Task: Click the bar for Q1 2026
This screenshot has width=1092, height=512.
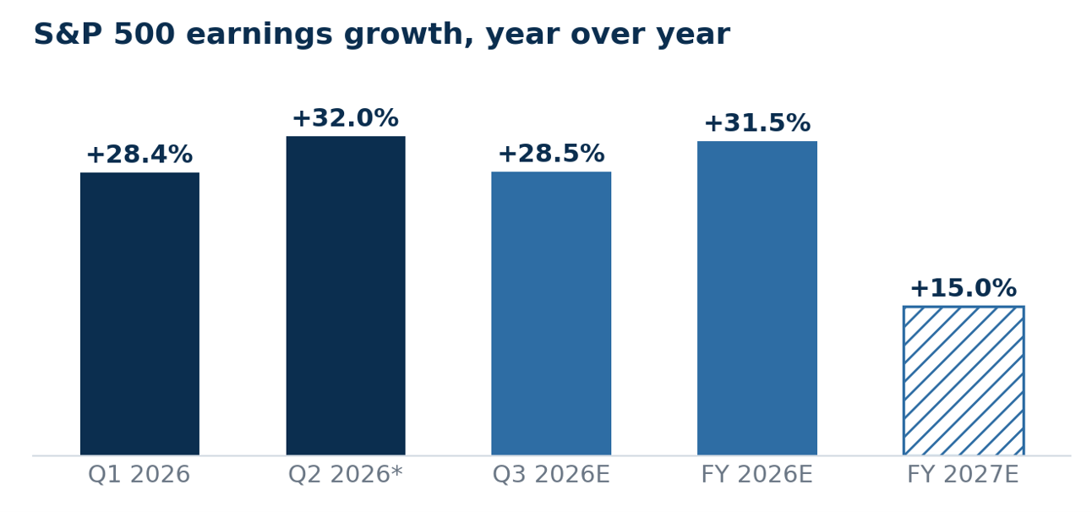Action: pos(140,313)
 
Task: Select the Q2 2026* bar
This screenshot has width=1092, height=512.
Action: pos(346,296)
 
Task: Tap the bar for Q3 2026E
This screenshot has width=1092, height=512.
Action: pos(551,313)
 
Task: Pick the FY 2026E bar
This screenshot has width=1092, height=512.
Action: pos(757,298)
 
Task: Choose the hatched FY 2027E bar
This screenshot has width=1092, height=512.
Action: pos(964,380)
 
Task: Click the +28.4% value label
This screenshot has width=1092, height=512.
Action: pos(140,155)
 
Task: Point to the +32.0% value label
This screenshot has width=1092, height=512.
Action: pos(346,118)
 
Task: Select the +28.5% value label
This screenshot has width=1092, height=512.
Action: pos(551,154)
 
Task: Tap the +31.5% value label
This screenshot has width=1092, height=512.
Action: pos(757,123)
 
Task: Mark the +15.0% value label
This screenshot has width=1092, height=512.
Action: pos(964,288)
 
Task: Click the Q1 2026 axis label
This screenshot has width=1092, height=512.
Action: pos(139,475)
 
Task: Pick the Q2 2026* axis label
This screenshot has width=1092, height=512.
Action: pos(346,475)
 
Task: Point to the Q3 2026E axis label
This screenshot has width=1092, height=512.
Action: pos(551,475)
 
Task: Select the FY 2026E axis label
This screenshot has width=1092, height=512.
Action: pos(757,475)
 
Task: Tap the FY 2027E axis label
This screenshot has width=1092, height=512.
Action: pos(963,475)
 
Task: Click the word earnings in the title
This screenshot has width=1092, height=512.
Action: pos(259,35)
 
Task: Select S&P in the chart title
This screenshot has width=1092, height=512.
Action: pos(68,34)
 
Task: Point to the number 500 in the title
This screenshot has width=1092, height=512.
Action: pos(145,34)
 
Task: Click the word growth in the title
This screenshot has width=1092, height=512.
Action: pos(408,35)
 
